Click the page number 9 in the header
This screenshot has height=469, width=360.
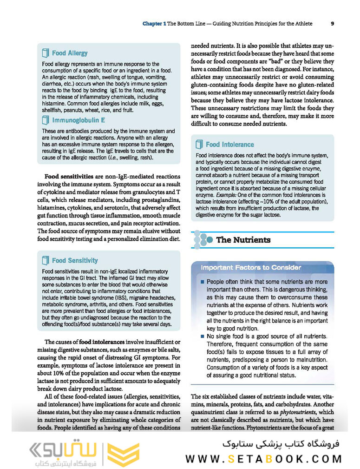tap(333, 23)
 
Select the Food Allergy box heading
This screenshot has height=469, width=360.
tap(70, 53)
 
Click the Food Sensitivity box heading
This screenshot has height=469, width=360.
tap(75, 261)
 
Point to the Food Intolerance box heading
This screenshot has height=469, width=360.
tap(230, 145)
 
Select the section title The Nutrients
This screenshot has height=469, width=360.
tap(243, 240)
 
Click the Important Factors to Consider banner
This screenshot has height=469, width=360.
tap(251, 268)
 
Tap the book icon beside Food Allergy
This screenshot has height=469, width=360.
tap(46, 53)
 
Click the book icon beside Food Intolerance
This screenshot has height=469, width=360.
tap(199, 144)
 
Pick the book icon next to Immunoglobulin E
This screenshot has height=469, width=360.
tap(46, 120)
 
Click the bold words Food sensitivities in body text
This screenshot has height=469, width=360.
tap(69, 177)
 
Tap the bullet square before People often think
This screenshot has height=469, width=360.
tap(202, 282)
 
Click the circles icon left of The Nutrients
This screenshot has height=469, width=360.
tap(202, 239)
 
